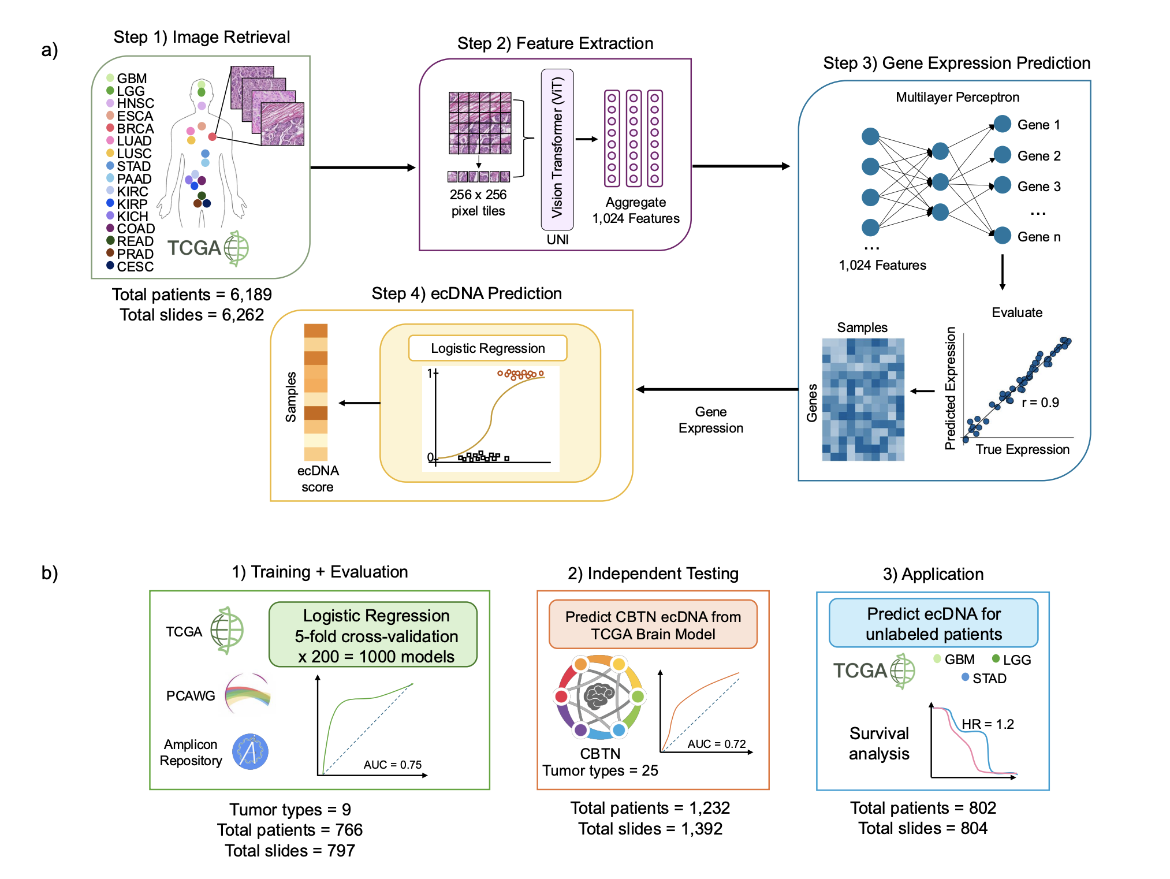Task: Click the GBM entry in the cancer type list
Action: pyautogui.click(x=131, y=79)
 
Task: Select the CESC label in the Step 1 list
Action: pyautogui.click(x=135, y=267)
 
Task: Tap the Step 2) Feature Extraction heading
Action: pyautogui.click(x=555, y=43)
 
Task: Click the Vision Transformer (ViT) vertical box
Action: pyautogui.click(x=557, y=148)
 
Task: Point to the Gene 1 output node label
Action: pyautogui.click(x=1038, y=125)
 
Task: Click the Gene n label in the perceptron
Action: pyautogui.click(x=1038, y=237)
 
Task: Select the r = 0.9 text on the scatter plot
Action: pyautogui.click(x=1040, y=403)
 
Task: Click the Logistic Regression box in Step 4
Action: pyautogui.click(x=487, y=348)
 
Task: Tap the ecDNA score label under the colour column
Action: pyautogui.click(x=318, y=479)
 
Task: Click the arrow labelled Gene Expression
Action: pyautogui.click(x=716, y=390)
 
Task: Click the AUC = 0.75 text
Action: pyautogui.click(x=392, y=765)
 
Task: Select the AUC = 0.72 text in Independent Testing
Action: pyautogui.click(x=716, y=744)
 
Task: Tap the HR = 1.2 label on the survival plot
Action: pyautogui.click(x=988, y=724)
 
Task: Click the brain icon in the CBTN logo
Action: pyautogui.click(x=599, y=696)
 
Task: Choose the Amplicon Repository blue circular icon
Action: pyautogui.click(x=250, y=752)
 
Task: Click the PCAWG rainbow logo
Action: pyautogui.click(x=248, y=695)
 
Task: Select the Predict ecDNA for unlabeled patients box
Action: pyautogui.click(x=933, y=624)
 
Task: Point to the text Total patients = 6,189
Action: pyautogui.click(x=192, y=295)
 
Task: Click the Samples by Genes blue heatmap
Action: pyautogui.click(x=863, y=400)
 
